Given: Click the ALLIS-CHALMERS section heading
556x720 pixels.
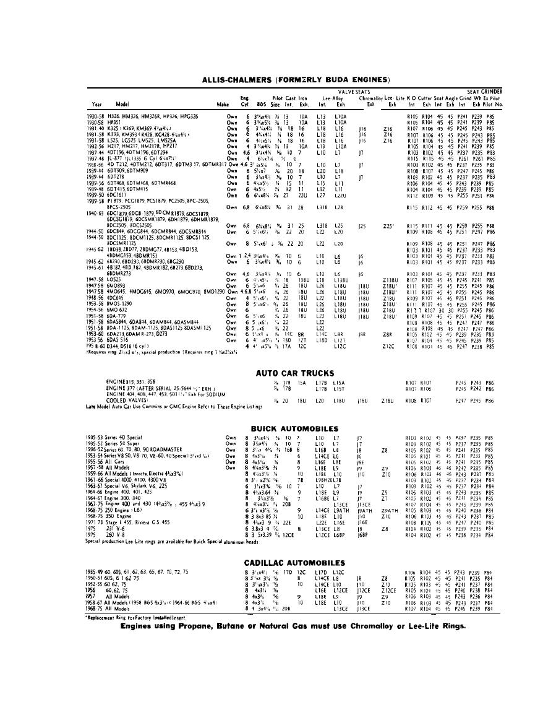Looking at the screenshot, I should [296, 80].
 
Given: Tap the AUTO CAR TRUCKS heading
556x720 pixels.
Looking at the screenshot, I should [296, 373].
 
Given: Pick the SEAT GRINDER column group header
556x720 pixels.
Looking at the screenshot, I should [484, 92].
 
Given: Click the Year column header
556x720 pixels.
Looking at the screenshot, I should [97, 105].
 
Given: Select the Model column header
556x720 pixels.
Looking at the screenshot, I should [122, 105].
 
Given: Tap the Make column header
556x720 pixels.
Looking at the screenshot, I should [223, 105].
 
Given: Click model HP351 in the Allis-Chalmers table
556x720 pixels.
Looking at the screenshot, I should [114, 123].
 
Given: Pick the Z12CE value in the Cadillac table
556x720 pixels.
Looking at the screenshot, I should [388, 591].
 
